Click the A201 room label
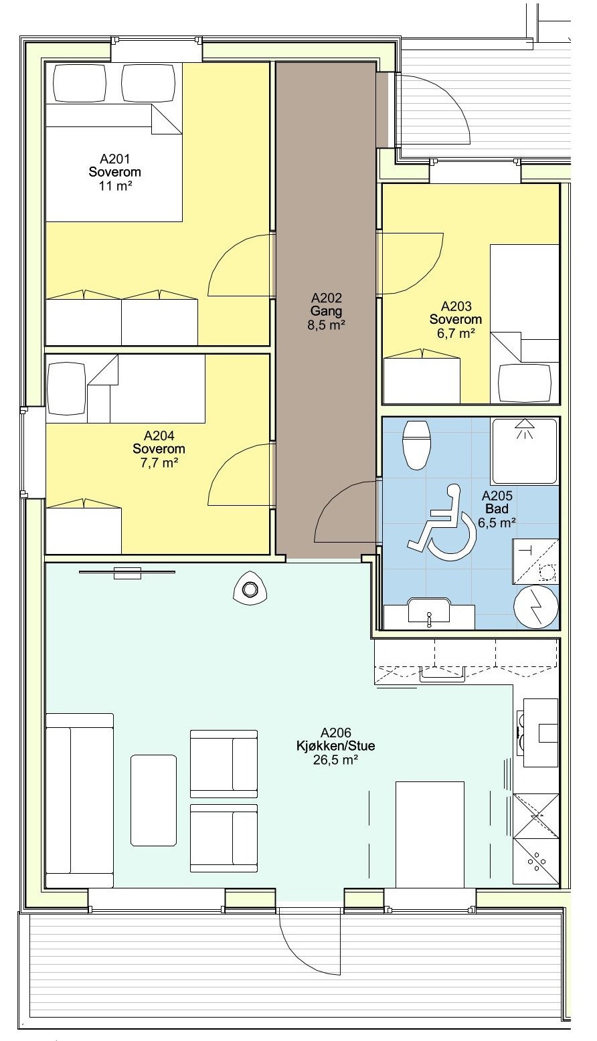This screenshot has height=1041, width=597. [x=115, y=159]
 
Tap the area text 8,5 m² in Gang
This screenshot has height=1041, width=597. [x=326, y=325]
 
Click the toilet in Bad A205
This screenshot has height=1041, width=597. [x=416, y=445]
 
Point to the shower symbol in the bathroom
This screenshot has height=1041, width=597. [x=525, y=451]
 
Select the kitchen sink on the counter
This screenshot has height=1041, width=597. [x=442, y=674]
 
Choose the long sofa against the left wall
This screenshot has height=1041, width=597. [x=80, y=801]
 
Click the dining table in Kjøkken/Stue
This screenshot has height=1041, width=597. [x=430, y=835]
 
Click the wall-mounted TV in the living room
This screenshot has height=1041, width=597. [x=127, y=573]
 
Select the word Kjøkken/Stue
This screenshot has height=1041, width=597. [x=336, y=746]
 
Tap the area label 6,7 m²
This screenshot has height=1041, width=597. [x=456, y=333]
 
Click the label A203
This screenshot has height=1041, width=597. [x=456, y=306]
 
